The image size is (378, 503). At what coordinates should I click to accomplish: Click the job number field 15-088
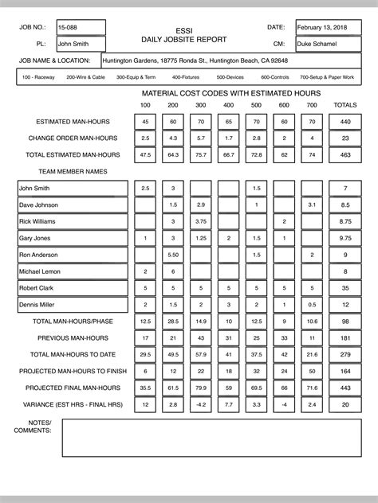tap(81, 28)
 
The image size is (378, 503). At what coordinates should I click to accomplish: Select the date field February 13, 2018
tap(326, 28)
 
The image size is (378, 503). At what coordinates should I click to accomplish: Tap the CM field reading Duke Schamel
tap(326, 45)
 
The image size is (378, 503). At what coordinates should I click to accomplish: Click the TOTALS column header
tap(345, 105)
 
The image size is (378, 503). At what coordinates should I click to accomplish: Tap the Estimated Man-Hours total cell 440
tap(345, 122)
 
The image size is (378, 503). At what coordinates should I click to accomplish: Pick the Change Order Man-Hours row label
tap(74, 138)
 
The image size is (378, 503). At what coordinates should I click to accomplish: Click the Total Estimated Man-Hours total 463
tap(345, 155)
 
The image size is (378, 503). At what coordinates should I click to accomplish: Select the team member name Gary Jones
tap(73, 238)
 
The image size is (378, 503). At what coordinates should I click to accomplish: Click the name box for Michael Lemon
tap(73, 271)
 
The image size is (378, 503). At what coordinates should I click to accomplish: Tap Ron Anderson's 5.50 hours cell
tap(172, 255)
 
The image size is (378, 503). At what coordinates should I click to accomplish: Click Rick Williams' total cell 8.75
tap(345, 221)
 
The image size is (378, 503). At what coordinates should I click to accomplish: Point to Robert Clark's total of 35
tap(345, 288)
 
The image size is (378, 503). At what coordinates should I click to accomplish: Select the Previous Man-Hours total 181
tap(345, 337)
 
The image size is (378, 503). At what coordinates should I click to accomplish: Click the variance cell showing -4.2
tap(200, 404)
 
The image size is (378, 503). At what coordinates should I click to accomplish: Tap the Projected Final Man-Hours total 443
tap(345, 388)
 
